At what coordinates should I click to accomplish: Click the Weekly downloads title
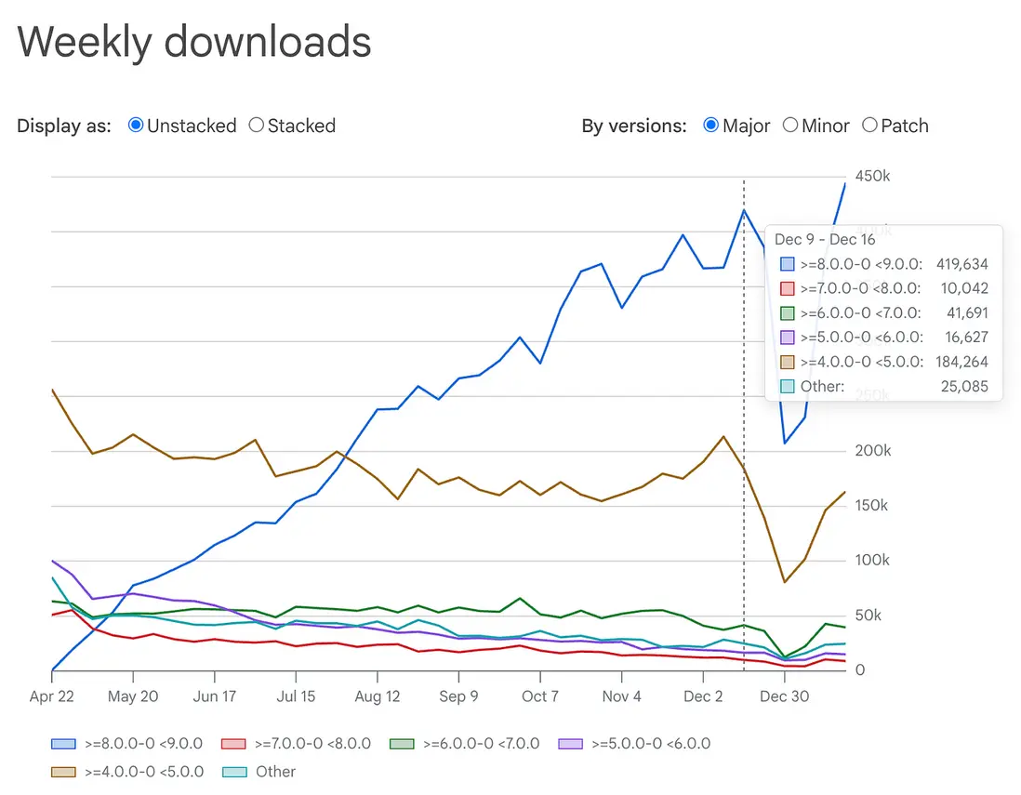point(194,42)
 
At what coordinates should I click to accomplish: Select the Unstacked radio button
point(136,126)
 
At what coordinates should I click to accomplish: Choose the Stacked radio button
point(257,126)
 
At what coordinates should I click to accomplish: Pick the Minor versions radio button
point(790,126)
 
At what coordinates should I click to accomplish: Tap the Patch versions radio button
point(869,126)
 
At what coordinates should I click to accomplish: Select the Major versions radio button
point(711,126)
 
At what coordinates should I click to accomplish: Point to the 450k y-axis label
point(873,177)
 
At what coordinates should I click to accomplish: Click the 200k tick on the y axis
point(873,451)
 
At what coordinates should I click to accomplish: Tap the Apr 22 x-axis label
point(51,696)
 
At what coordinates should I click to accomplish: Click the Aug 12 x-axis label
point(378,696)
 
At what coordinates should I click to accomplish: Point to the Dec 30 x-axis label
point(785,696)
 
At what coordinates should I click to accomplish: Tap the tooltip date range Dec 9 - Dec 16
point(824,240)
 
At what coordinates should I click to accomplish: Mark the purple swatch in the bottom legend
point(569,744)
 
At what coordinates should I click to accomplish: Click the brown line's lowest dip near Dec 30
point(785,582)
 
